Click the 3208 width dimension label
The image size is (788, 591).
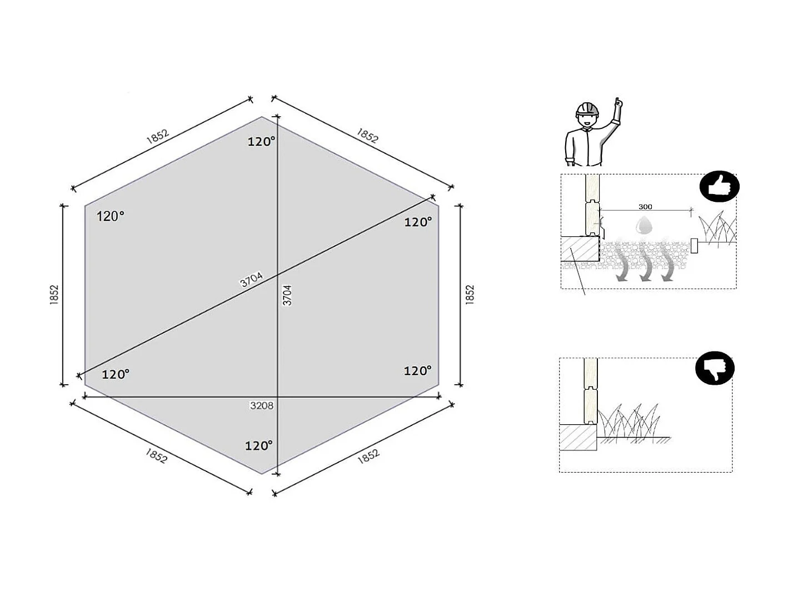coord(261,406)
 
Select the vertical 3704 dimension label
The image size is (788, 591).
coord(287,295)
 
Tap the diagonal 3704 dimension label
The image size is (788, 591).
coord(251,280)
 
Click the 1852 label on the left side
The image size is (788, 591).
coord(54,295)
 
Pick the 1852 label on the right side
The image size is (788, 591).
coord(470,295)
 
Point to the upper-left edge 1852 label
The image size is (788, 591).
coord(157,137)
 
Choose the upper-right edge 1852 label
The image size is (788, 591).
coord(367,136)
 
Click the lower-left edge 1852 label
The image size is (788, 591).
coord(156,456)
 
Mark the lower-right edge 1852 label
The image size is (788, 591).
coord(368,456)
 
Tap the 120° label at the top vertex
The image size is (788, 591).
coord(261,142)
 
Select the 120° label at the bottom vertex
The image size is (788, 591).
coord(259,446)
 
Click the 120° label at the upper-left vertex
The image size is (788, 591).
coord(111,216)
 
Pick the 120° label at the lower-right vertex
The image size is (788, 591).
coord(417,371)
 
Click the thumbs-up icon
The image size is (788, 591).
coord(719,186)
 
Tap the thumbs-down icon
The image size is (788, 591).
coord(715,368)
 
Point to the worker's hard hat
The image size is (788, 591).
coord(587,108)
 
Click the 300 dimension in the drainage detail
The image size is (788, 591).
coord(645,207)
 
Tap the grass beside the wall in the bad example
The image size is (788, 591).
coord(631,424)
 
